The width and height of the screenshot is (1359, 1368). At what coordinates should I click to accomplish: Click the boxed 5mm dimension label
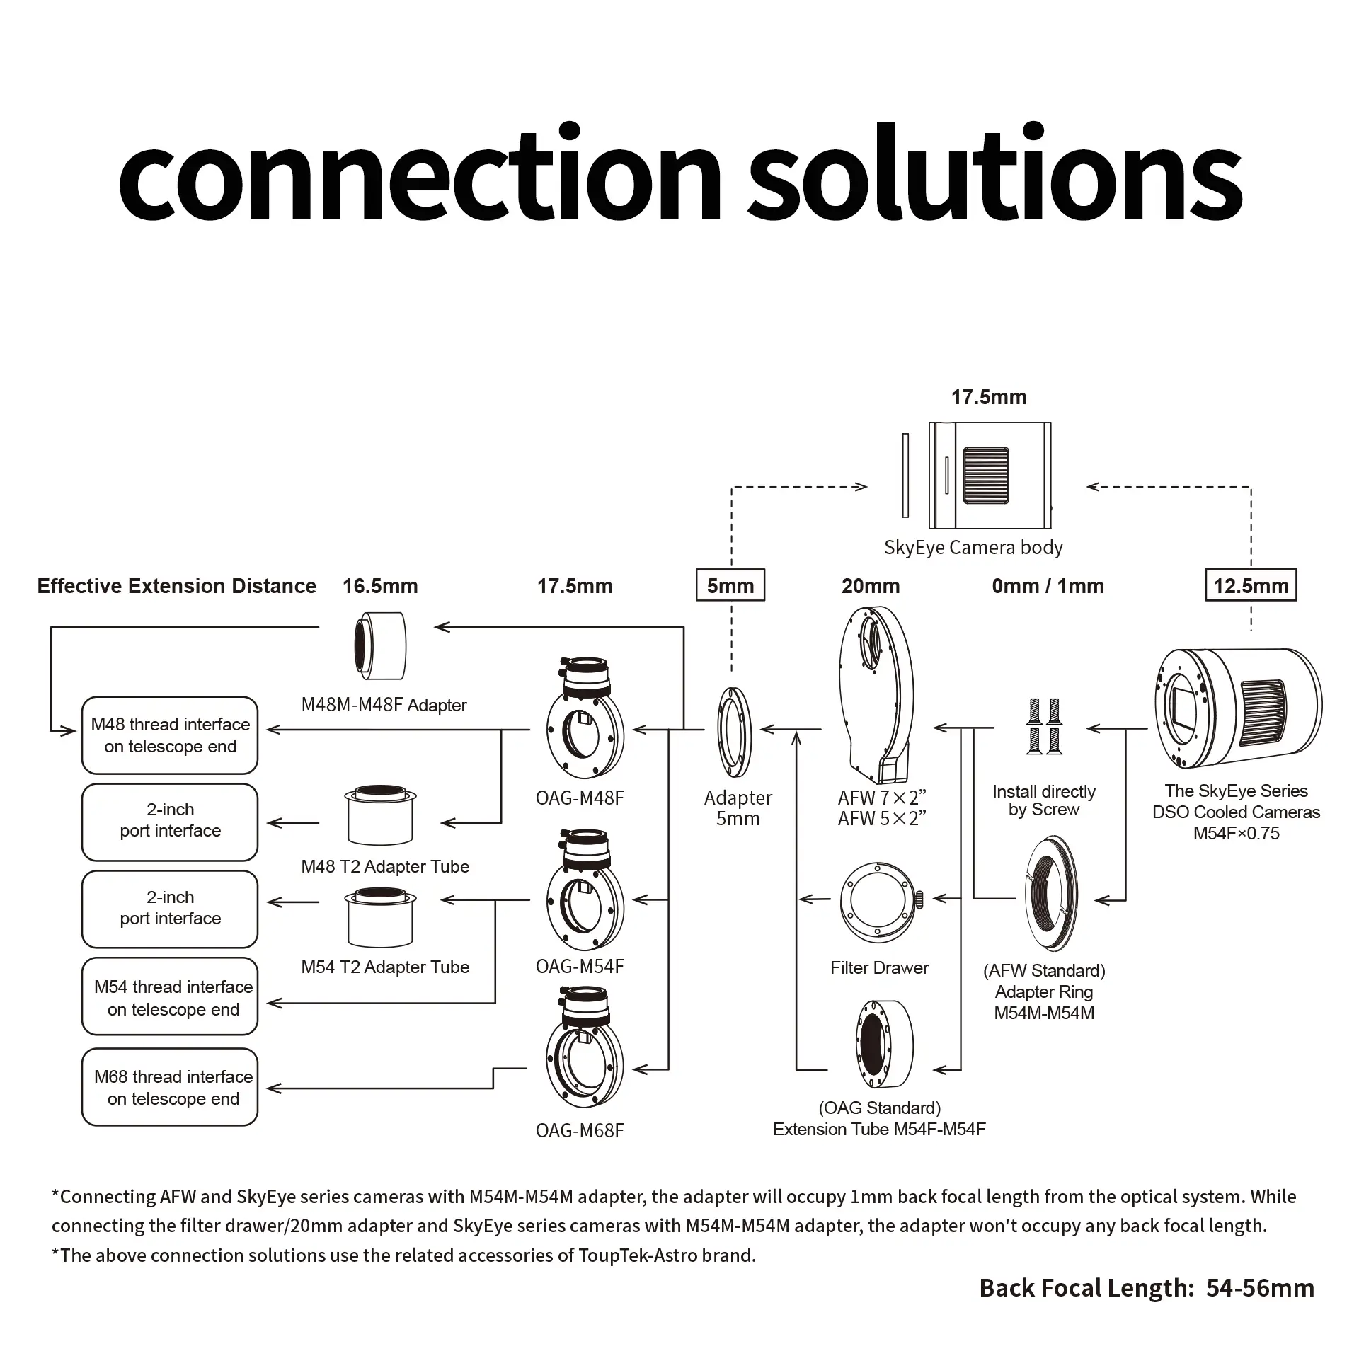[730, 585]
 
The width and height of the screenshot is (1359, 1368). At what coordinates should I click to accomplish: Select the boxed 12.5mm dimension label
[1251, 585]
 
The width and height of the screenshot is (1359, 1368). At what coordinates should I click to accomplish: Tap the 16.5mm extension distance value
[380, 586]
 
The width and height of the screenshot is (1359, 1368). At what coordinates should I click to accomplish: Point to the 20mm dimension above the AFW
[871, 586]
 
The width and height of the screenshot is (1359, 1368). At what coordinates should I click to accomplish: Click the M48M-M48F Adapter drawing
[380, 645]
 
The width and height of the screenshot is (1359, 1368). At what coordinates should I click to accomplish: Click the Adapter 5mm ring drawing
[735, 732]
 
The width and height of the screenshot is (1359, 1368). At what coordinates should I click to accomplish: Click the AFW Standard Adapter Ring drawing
[1052, 893]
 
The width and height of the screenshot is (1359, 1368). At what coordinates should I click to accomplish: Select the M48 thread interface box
[170, 736]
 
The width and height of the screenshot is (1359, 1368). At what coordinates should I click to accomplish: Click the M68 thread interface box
[170, 1087]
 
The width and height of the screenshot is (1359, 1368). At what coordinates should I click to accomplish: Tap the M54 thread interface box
[170, 998]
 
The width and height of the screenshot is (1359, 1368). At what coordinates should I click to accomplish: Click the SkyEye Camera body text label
[973, 547]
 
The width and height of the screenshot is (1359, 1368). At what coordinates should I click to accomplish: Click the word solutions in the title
[994, 174]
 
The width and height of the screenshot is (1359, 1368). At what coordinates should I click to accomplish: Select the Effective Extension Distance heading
[176, 586]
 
